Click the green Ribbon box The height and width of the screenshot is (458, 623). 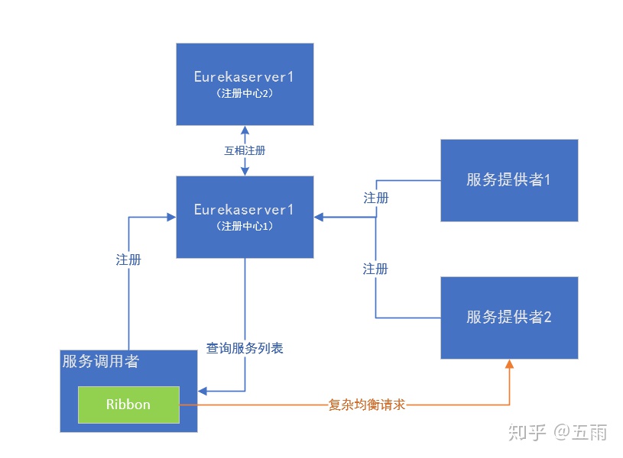128,405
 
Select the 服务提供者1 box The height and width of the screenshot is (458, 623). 509,180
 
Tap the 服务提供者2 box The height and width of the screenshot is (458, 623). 509,318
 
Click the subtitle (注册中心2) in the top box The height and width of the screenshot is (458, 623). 245,93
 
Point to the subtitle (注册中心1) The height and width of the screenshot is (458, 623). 245,226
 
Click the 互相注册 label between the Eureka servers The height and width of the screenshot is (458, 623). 245,151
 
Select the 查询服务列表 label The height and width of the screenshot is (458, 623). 245,348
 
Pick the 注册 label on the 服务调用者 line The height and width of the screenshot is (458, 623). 128,260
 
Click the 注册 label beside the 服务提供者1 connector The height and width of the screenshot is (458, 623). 375,198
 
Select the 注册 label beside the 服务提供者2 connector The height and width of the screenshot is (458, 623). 375,269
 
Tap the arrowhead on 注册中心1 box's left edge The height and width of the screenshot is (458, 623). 171,218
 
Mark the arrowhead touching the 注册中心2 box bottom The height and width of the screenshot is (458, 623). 245,130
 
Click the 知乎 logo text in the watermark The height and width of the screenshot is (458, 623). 527,433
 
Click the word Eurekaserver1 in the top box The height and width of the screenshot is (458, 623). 245,77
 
